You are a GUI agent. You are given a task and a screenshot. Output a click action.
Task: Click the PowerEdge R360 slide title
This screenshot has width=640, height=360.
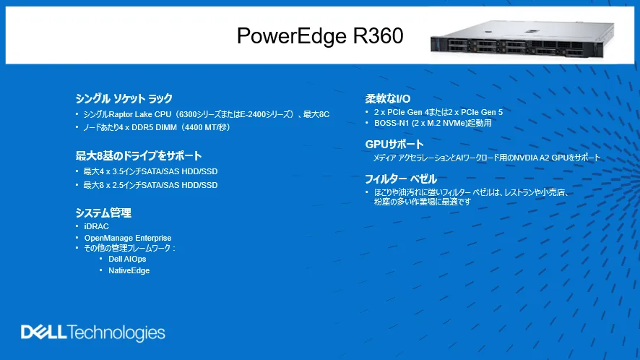(x=320, y=35)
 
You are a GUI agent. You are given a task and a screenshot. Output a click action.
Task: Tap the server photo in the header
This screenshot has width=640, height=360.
(x=522, y=39)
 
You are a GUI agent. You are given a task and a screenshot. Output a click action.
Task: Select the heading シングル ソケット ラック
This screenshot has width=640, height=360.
(x=124, y=98)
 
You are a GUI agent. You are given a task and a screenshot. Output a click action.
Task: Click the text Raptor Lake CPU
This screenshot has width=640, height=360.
(x=140, y=114)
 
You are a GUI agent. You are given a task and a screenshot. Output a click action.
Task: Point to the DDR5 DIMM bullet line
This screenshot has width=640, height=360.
(x=157, y=127)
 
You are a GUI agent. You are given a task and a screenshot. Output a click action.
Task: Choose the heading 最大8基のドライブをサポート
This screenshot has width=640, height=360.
(x=139, y=155)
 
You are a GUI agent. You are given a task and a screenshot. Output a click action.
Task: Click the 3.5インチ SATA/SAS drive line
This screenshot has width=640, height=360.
(x=150, y=171)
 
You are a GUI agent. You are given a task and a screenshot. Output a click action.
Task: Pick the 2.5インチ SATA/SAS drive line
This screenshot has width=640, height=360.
(x=150, y=185)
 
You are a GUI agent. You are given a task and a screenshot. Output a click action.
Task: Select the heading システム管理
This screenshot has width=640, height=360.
(x=103, y=213)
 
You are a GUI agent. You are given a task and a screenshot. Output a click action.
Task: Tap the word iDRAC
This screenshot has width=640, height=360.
(x=96, y=226)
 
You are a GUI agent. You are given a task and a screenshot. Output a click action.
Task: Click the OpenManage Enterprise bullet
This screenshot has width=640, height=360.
(x=128, y=238)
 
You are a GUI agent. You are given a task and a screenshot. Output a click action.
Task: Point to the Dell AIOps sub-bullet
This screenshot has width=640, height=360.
(x=127, y=259)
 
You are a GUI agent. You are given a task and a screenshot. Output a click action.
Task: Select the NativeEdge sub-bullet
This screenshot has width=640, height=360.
(x=129, y=270)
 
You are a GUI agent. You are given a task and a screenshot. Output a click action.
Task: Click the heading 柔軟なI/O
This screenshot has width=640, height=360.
(x=388, y=98)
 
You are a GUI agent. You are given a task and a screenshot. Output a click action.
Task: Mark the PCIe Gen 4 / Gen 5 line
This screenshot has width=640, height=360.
(x=438, y=112)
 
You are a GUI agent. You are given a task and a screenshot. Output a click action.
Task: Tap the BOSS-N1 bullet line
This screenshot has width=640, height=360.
(x=433, y=123)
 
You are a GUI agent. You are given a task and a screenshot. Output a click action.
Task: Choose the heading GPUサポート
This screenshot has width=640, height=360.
(x=394, y=145)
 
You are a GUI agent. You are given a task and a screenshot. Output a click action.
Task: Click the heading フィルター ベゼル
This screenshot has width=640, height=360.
(x=401, y=179)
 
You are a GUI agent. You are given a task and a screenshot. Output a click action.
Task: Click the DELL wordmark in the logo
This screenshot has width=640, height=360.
(x=43, y=332)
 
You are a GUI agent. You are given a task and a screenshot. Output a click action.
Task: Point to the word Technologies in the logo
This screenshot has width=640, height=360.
(x=116, y=333)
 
